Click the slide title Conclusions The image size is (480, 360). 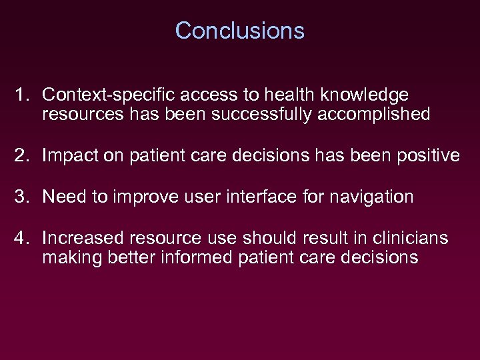(x=239, y=31)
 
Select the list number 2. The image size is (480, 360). (x=21, y=156)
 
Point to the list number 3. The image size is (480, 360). (x=21, y=197)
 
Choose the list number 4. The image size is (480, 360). (x=21, y=237)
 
